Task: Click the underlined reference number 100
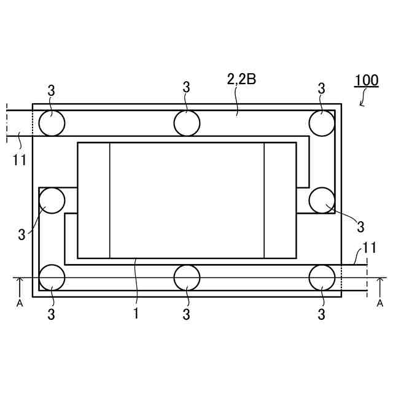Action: (x=367, y=80)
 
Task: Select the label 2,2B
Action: (x=241, y=79)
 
